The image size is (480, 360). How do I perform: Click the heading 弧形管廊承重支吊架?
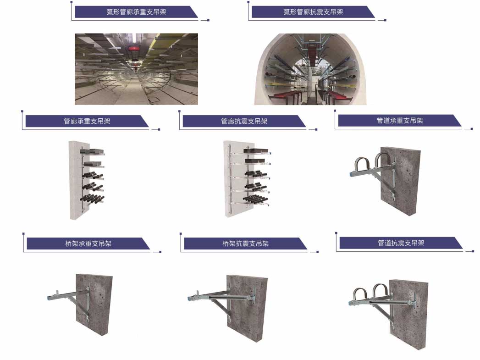[136, 12]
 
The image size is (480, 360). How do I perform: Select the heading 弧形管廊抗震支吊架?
[313, 12]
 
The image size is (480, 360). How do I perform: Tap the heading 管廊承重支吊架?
[87, 121]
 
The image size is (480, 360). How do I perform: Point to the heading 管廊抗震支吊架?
[244, 121]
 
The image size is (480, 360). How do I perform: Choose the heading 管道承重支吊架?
[399, 120]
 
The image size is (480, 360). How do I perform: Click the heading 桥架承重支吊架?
[88, 244]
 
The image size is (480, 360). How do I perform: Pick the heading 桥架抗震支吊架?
[246, 244]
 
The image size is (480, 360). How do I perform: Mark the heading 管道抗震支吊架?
[401, 243]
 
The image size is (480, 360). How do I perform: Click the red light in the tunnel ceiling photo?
[133, 48]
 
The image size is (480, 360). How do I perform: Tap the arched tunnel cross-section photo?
[310, 69]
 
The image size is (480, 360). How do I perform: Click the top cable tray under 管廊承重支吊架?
[93, 151]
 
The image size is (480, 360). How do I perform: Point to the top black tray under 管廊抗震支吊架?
[256, 151]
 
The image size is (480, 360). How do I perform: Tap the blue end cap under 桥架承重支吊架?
[49, 298]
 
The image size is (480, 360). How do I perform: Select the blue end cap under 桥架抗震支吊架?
[190, 298]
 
